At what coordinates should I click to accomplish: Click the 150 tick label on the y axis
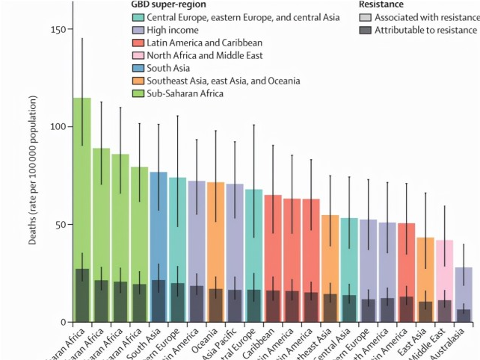tap(57, 29)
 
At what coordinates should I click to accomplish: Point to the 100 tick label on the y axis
tap(57, 127)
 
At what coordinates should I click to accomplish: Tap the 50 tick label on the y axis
tap(59, 225)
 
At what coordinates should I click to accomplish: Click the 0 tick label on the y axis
tap(62, 323)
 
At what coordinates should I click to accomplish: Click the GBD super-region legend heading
tap(168, 4)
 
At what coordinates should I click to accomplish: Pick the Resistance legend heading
tap(381, 4)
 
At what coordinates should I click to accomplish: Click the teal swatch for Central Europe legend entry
tap(138, 17)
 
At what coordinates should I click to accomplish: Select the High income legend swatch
tap(138, 30)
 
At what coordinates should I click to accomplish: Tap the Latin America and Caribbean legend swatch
tap(138, 43)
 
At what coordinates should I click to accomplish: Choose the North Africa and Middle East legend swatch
tap(138, 55)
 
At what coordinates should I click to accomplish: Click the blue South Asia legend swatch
tap(138, 68)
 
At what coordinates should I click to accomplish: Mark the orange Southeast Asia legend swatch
tap(138, 81)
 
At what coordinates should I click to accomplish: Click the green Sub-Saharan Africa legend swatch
tap(138, 93)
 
